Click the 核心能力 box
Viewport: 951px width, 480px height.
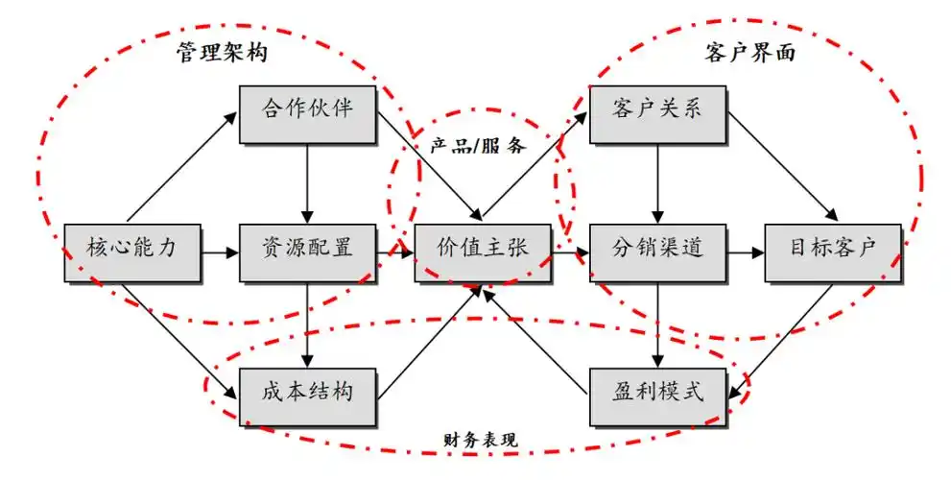coord(131,252)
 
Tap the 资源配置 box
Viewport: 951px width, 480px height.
coord(307,252)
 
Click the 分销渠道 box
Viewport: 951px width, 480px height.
coord(656,252)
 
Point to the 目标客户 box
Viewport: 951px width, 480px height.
coord(833,252)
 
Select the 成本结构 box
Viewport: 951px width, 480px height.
coord(307,394)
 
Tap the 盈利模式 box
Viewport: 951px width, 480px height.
coord(656,394)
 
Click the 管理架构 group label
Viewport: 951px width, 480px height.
coord(222,54)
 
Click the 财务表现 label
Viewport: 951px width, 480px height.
coord(480,441)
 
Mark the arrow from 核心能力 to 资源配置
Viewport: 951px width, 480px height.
coord(219,252)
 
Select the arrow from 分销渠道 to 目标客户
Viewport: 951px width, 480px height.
coord(745,252)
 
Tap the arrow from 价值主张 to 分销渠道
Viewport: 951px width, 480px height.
coord(569,252)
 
